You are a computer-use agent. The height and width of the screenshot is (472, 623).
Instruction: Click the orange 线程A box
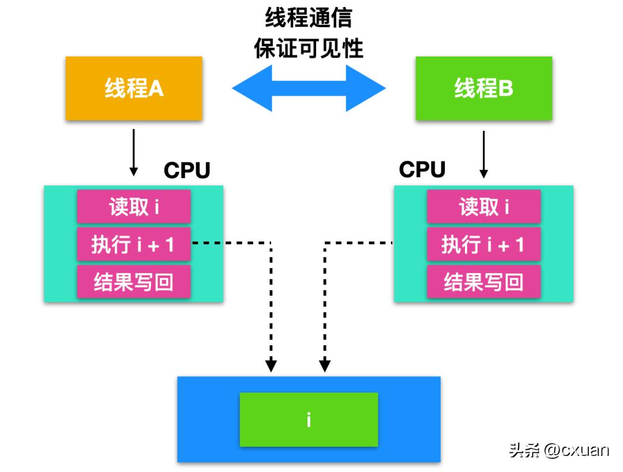coord(134,89)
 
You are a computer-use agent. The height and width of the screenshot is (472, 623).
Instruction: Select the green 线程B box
coord(483,89)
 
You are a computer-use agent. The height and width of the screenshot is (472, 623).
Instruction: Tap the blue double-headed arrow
coord(309,88)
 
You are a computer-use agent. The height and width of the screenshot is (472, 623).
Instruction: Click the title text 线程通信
coord(309,18)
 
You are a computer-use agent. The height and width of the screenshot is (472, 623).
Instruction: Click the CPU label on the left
coord(187,170)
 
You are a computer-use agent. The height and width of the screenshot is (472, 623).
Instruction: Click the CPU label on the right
coord(422,169)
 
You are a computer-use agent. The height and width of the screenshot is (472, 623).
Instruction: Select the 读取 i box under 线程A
coord(134,207)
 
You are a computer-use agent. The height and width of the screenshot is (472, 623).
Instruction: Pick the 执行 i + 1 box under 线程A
coord(134,245)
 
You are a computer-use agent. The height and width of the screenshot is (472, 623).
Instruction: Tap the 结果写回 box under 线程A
coord(134,282)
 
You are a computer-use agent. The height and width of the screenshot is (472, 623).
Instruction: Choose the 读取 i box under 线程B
coord(483,207)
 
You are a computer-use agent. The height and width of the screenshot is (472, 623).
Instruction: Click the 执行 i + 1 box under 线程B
coord(483,245)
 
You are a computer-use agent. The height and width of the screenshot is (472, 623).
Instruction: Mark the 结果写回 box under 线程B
coord(483,282)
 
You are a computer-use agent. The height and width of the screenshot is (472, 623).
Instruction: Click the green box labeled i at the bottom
coord(309,420)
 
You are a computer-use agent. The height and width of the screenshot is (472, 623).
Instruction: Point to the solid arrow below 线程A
coord(134,153)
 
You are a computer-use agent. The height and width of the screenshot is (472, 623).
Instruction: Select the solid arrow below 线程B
coord(484,154)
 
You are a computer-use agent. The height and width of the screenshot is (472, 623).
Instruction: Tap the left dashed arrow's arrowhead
coord(271,365)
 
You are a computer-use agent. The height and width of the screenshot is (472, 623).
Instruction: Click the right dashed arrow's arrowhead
coord(325,365)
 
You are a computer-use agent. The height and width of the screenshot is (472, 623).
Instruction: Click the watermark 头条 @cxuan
coord(558,450)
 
